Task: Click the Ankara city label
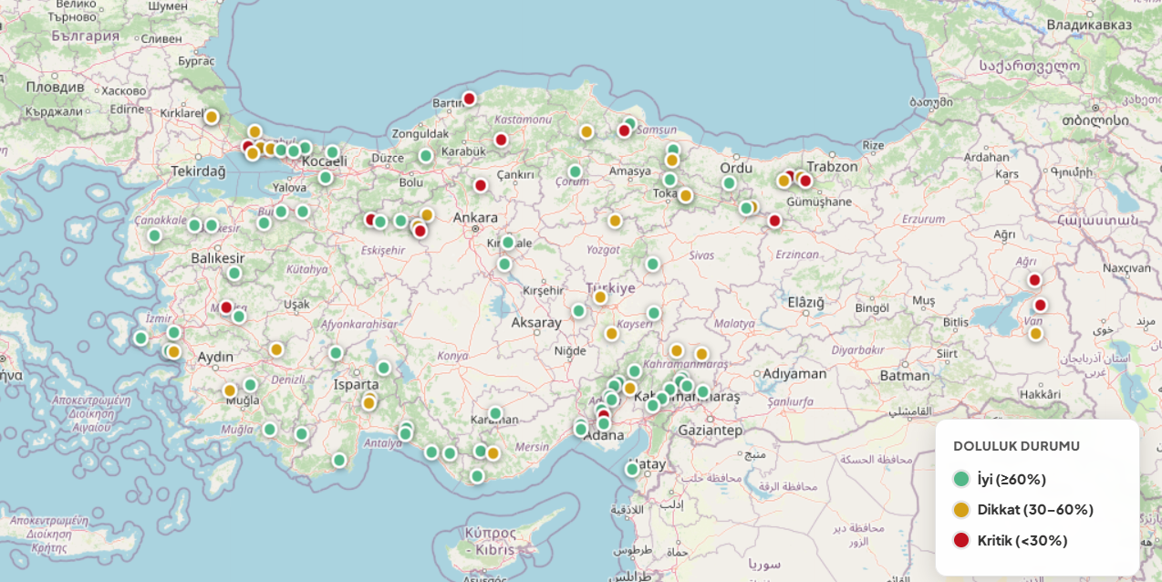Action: pyautogui.click(x=475, y=217)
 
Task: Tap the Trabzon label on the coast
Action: pyautogui.click(x=832, y=166)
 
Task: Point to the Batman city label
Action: pyautogui.click(x=905, y=375)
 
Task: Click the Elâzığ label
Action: pyautogui.click(x=805, y=302)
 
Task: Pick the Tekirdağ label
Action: pyautogui.click(x=198, y=171)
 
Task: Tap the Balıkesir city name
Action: pyautogui.click(x=218, y=258)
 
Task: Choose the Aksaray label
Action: pyautogui.click(x=536, y=322)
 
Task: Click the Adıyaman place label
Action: pyautogui.click(x=794, y=373)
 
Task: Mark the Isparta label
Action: pyautogui.click(x=356, y=384)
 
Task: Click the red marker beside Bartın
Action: pyautogui.click(x=469, y=99)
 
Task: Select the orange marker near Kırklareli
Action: pyautogui.click(x=212, y=117)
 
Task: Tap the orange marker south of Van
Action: pyautogui.click(x=1035, y=334)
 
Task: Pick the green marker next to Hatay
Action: pyautogui.click(x=632, y=469)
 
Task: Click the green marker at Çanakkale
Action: pyautogui.click(x=155, y=235)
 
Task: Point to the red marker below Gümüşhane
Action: pyautogui.click(x=774, y=221)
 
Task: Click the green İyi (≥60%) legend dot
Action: pyautogui.click(x=960, y=479)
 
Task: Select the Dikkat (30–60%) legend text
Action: pyautogui.click(x=1035, y=510)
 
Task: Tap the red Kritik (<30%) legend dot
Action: pyautogui.click(x=960, y=540)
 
